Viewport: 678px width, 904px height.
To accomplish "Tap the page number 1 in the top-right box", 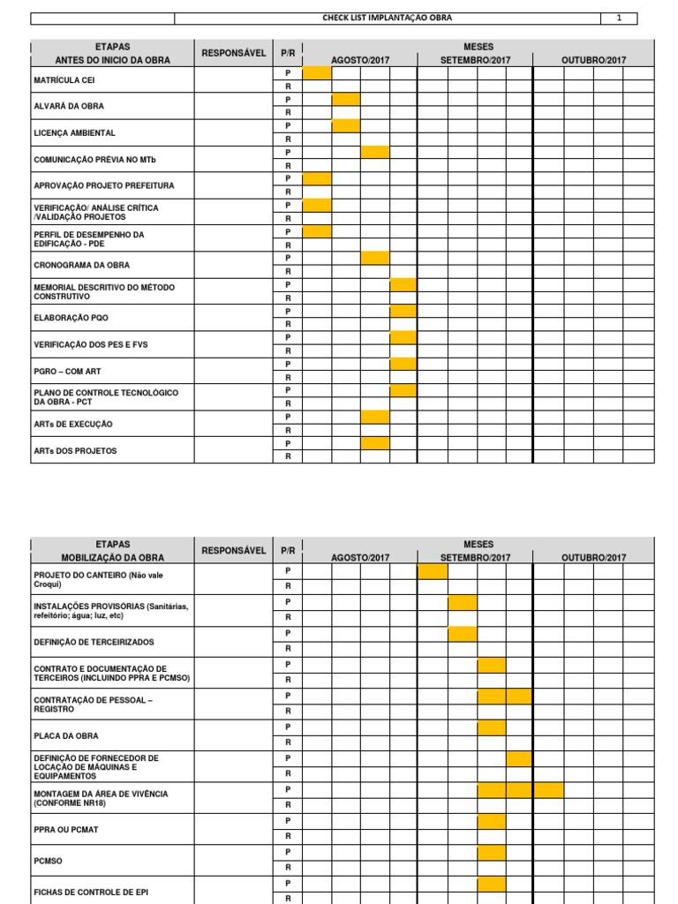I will click(x=619, y=19).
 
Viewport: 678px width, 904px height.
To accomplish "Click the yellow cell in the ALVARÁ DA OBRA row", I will click(x=346, y=99).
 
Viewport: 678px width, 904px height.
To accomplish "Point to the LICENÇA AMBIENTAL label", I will click(x=74, y=132).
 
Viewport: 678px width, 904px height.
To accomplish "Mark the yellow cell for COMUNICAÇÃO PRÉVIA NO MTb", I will click(x=375, y=152).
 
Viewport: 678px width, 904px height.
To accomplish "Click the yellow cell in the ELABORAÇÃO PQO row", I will click(x=403, y=311).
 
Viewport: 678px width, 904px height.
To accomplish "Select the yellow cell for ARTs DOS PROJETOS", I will click(x=375, y=443).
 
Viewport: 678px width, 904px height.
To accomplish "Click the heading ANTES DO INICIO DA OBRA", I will click(x=113, y=60).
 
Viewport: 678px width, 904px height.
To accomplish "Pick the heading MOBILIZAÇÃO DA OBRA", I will click(x=113, y=558).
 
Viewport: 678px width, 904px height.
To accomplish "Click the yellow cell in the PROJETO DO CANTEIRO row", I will click(x=433, y=571).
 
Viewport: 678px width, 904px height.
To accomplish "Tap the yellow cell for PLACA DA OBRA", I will click(x=492, y=727).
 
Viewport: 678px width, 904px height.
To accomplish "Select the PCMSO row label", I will click(x=49, y=860).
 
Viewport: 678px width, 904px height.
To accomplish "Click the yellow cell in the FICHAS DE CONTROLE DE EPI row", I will click(x=492, y=884).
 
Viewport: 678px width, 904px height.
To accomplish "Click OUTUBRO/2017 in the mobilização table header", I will click(x=594, y=558).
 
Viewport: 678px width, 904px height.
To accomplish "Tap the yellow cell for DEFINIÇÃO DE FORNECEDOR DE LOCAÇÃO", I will click(x=520, y=758).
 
